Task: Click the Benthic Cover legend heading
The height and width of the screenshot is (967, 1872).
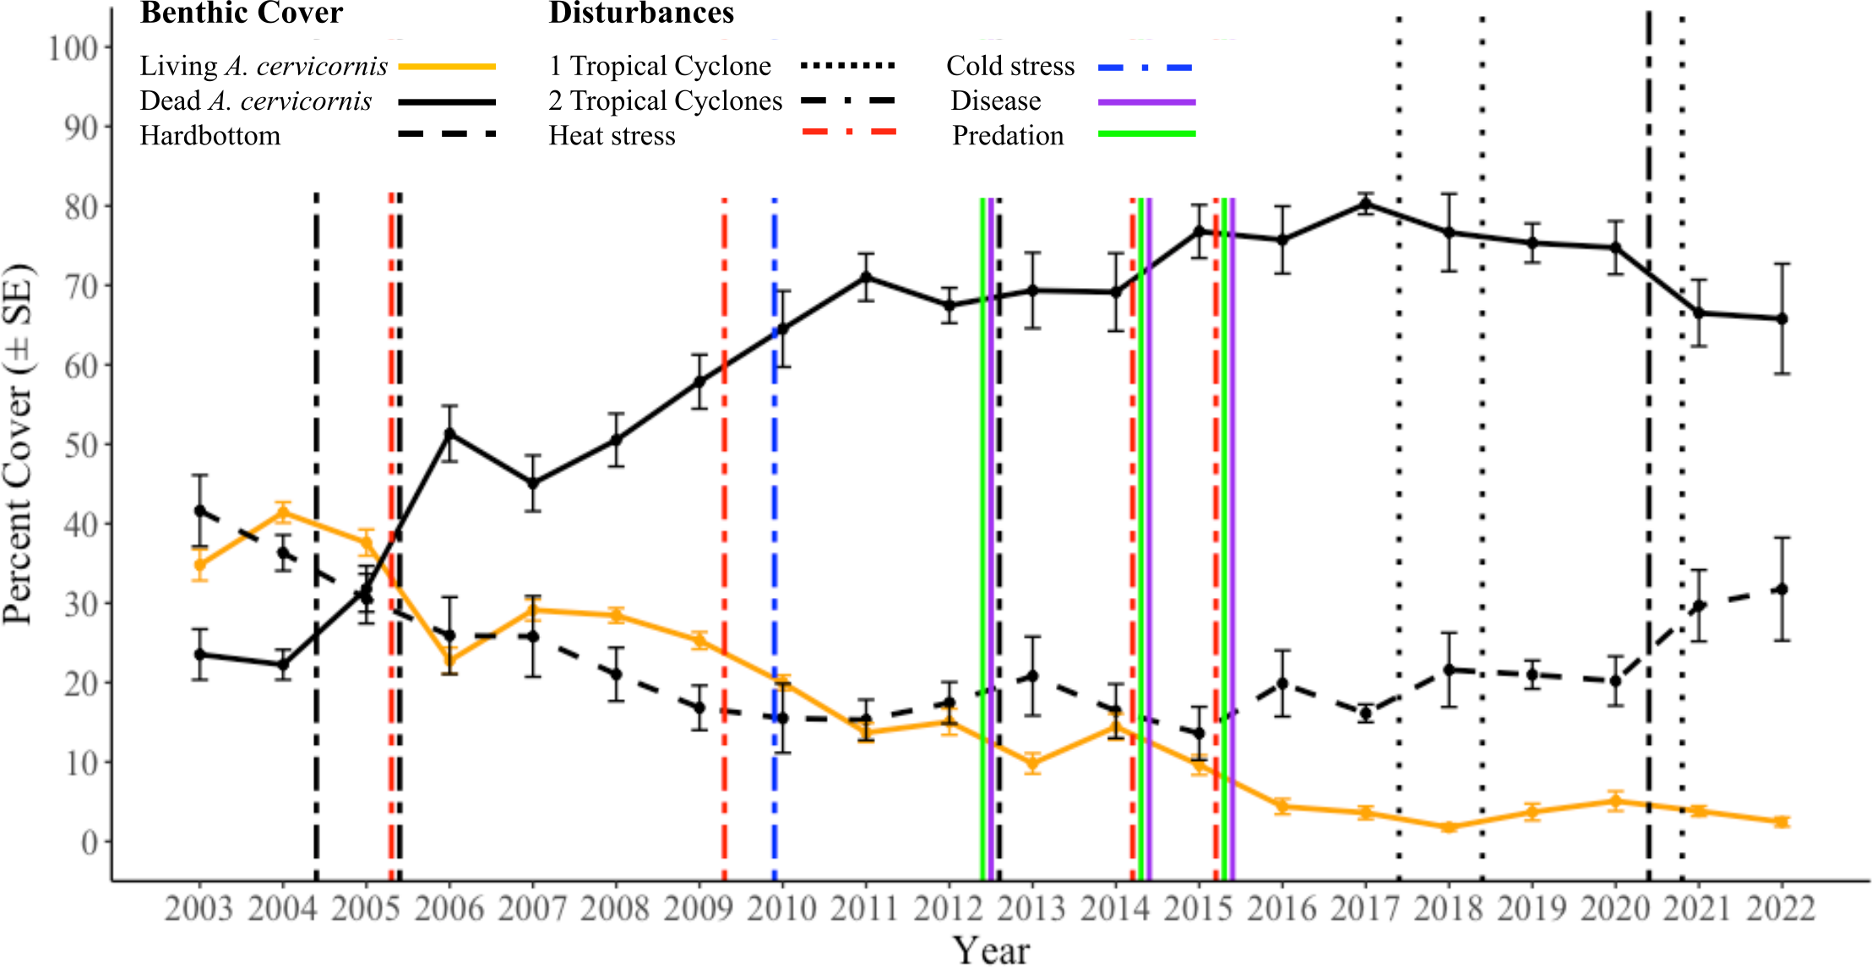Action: coord(242,14)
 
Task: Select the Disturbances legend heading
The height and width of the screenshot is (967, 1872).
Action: coord(641,14)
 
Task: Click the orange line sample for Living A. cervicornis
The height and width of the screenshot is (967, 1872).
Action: coord(447,66)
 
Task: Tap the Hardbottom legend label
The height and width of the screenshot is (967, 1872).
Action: coord(210,136)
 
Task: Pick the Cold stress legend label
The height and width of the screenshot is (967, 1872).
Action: coord(1010,66)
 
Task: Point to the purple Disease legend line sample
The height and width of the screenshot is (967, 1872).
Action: coord(1146,102)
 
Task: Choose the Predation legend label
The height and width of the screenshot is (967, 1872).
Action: coord(1008,136)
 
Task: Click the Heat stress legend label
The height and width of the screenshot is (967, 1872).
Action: coord(612,136)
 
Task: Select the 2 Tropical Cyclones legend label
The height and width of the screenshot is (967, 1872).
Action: coord(665,101)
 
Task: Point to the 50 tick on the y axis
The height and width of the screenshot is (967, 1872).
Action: coord(81,445)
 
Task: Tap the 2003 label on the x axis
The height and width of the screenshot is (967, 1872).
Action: coord(199,910)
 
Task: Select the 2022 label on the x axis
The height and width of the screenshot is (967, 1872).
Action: coord(1781,910)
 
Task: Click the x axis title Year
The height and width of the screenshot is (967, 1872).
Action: coord(991,950)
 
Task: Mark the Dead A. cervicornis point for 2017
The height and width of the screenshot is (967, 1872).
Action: coord(1365,204)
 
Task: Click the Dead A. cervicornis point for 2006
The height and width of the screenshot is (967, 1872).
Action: coord(450,433)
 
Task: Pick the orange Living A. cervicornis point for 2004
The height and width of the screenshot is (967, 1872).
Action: coord(283,512)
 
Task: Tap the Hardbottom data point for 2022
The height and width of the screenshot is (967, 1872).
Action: coord(1782,589)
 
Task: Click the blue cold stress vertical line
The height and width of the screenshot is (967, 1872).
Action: coord(774,541)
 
